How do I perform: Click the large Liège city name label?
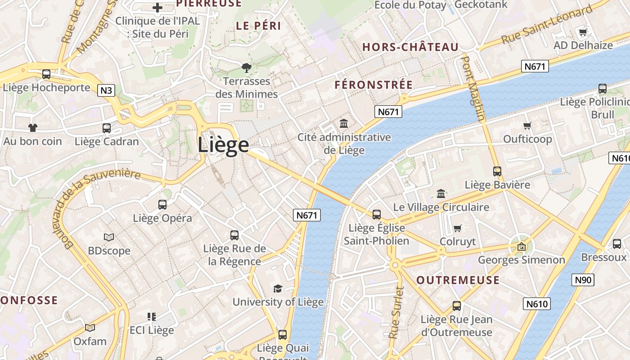point(223,145)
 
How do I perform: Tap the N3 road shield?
point(106,90)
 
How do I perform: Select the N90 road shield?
point(583,280)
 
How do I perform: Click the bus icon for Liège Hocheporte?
point(46,74)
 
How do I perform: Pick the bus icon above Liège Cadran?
point(107,128)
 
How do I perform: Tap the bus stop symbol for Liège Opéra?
point(162,205)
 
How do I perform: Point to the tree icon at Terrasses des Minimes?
point(246,68)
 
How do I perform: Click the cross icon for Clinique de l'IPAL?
point(157,7)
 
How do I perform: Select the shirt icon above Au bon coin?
point(32,128)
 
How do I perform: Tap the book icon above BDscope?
point(109,237)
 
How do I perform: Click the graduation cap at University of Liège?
point(278,288)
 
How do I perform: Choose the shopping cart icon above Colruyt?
point(458,228)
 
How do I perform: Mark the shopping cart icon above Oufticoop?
point(527,126)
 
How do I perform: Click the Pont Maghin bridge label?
point(474,88)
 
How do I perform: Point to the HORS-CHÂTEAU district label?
point(410,47)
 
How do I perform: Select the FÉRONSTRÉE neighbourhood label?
point(373,85)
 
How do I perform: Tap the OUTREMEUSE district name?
point(458,280)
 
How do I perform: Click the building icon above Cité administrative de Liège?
point(344,123)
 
